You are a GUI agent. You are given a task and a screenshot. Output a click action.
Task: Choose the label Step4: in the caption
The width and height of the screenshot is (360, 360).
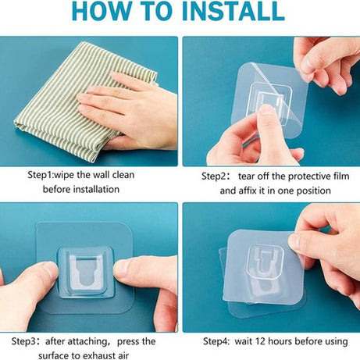pyautogui.click(x=220, y=341)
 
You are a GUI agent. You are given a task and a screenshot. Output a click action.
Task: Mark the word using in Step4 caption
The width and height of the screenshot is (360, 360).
pyautogui.click(x=333, y=341)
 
